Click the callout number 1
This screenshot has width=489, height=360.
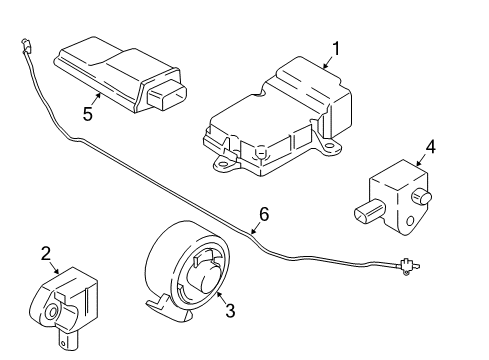coord(336,47)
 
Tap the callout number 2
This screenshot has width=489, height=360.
coord(46,254)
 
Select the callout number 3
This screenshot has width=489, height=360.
coord(229,312)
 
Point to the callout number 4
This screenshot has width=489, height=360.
coord(430,148)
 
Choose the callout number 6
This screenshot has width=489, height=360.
coord(264,213)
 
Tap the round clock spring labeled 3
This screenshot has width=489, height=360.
coord(190,270)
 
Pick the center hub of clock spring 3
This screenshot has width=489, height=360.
coord(202,278)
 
